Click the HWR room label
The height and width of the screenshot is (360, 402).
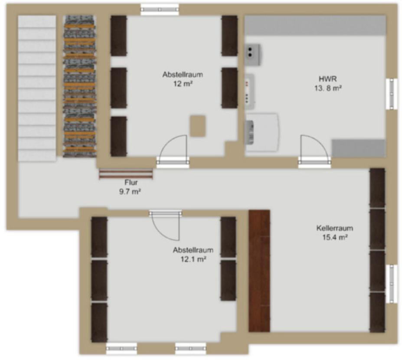[328, 79]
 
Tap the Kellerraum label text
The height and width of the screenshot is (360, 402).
[335, 228]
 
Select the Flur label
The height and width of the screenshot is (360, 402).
[131, 182]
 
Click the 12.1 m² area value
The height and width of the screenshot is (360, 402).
[193, 259]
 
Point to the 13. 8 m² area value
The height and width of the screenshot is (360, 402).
[328, 88]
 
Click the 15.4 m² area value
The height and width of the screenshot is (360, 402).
[335, 237]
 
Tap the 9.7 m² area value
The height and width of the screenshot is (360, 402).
[130, 192]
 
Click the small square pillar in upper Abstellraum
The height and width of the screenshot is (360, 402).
[198, 126]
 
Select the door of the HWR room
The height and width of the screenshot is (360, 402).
[314, 151]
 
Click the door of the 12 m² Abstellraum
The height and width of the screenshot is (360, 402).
[173, 151]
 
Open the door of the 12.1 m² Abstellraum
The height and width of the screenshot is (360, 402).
[165, 225]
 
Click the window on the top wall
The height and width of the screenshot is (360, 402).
[160, 10]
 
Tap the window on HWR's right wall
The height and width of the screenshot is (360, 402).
[392, 94]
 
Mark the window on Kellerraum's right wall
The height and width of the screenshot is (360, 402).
[392, 284]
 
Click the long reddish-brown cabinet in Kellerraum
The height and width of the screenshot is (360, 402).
[259, 271]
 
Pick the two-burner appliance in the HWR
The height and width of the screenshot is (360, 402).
[253, 55]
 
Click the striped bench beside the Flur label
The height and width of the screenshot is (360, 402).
[126, 174]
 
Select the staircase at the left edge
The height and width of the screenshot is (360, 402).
[37, 88]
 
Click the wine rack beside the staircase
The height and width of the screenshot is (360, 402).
[79, 86]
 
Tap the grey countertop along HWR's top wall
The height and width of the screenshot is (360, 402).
[315, 25]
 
